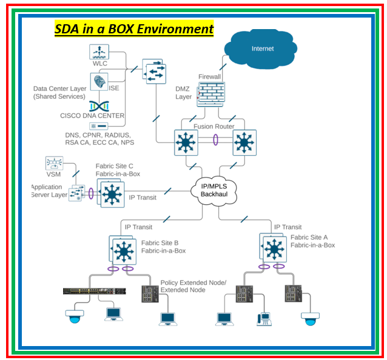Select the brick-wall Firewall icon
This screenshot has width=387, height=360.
click(210, 95)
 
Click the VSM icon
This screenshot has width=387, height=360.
click(54, 163)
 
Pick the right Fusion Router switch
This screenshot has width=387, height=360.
click(244, 143)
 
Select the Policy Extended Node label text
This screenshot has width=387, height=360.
click(193, 283)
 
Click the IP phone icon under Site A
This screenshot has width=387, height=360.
click(263, 319)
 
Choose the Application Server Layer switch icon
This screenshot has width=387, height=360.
click(77, 193)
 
